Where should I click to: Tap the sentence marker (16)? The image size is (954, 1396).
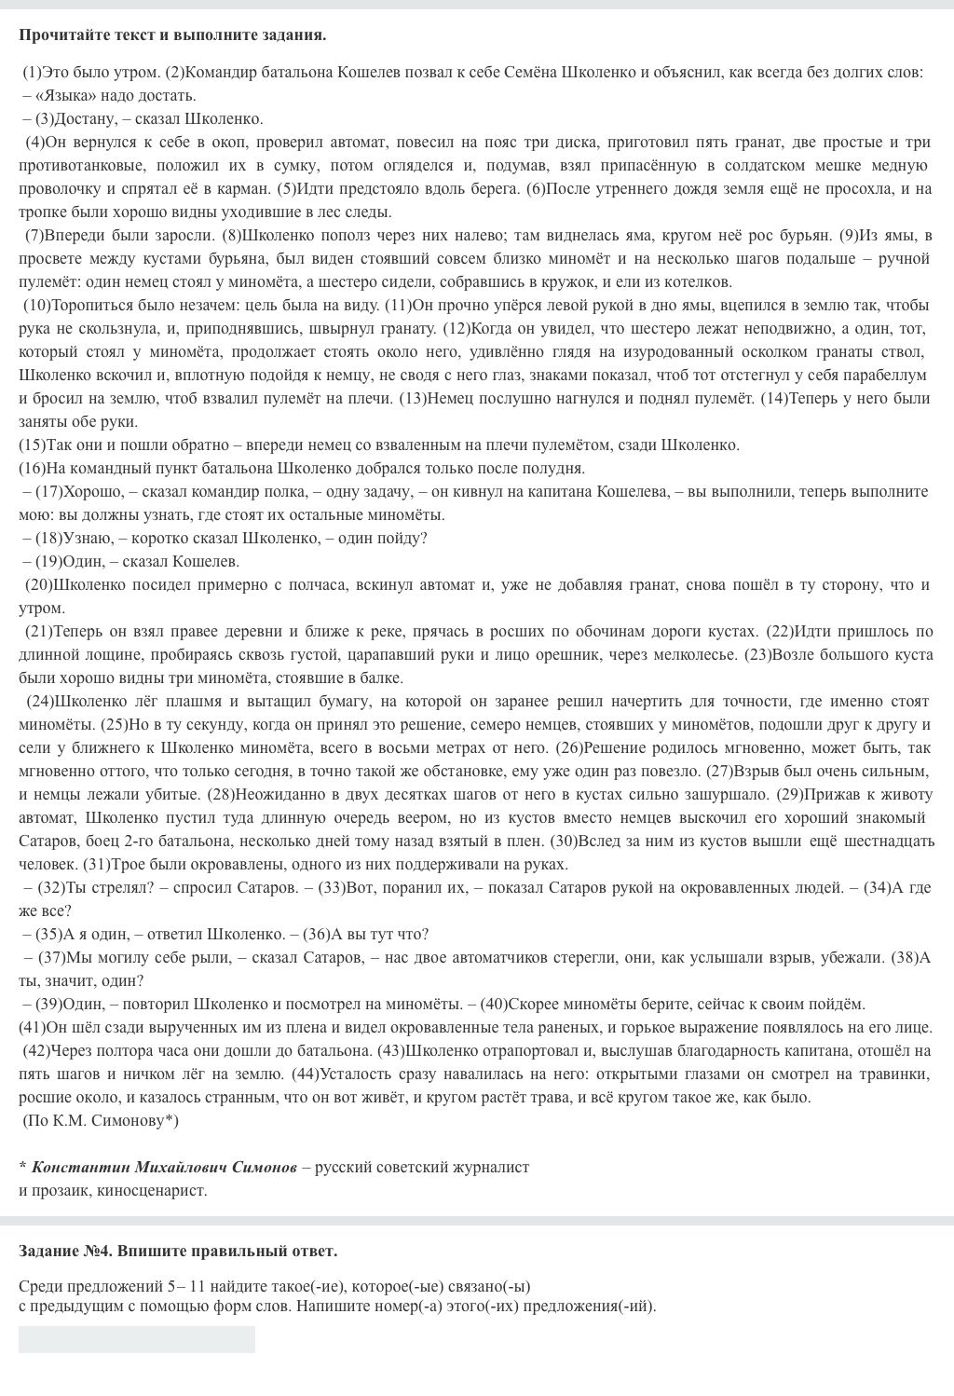click(30, 468)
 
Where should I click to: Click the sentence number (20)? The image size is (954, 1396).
click(38, 584)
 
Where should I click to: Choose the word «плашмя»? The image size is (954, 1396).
click(189, 701)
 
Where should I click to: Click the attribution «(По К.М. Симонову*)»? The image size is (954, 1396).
click(101, 1120)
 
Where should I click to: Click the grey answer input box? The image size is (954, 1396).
click(137, 1339)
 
